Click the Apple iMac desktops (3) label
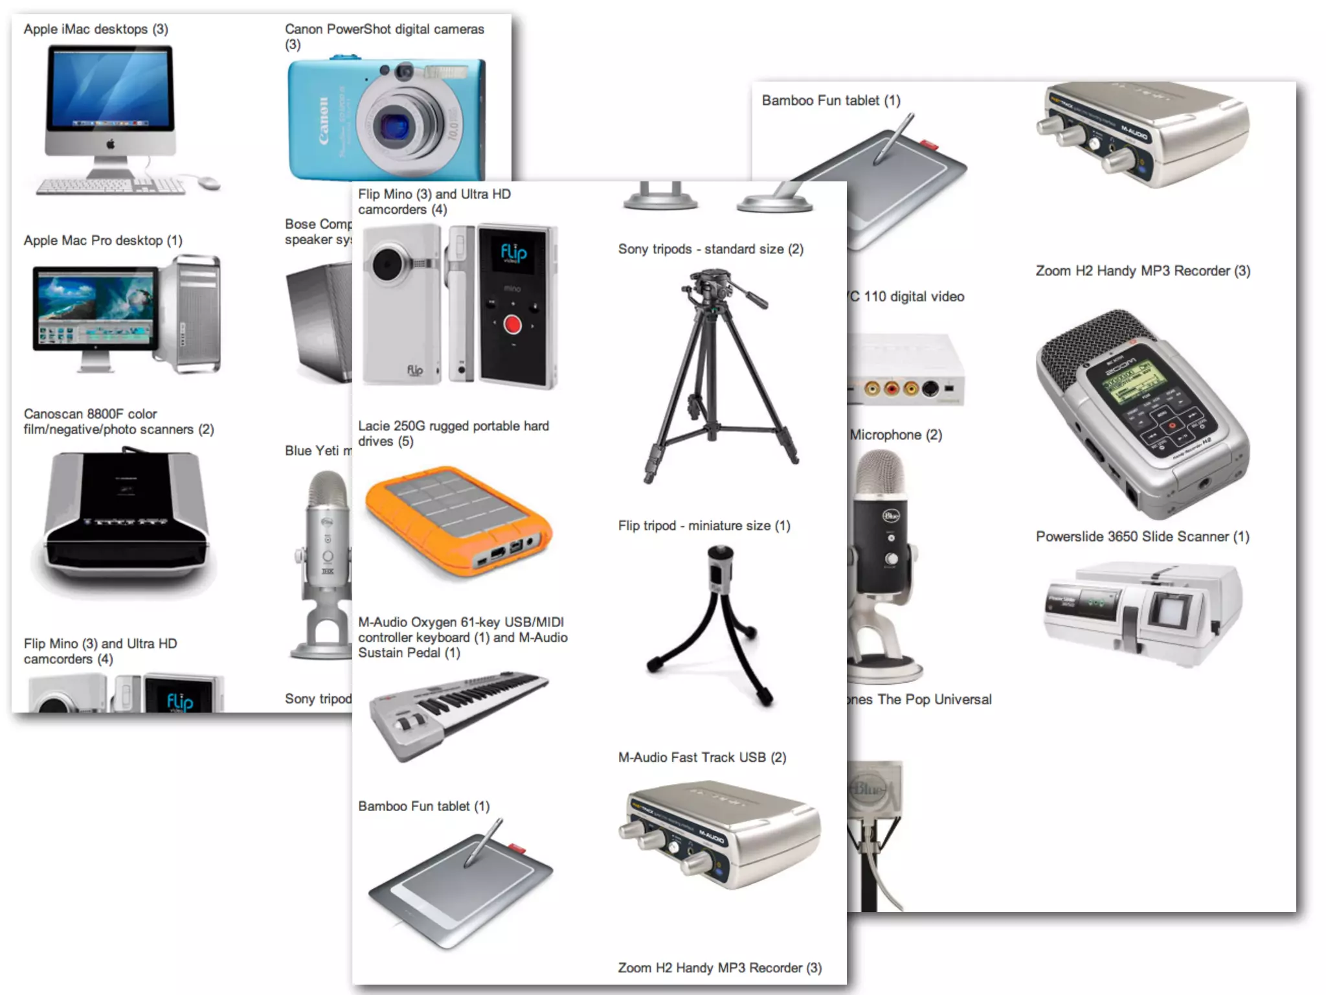click(x=96, y=29)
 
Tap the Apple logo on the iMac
click(x=110, y=144)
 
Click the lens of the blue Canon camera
click(x=393, y=125)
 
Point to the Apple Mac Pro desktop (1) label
click(x=103, y=240)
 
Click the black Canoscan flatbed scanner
click(x=126, y=519)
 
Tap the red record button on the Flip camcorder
click(x=513, y=324)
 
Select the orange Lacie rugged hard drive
click(x=458, y=519)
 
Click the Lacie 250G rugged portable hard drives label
click(x=453, y=433)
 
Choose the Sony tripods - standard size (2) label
click(x=710, y=249)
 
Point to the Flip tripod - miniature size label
click(x=704, y=526)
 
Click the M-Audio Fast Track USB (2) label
click(x=702, y=757)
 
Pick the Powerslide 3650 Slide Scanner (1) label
click(x=1142, y=536)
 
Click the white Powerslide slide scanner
click(x=1142, y=612)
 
